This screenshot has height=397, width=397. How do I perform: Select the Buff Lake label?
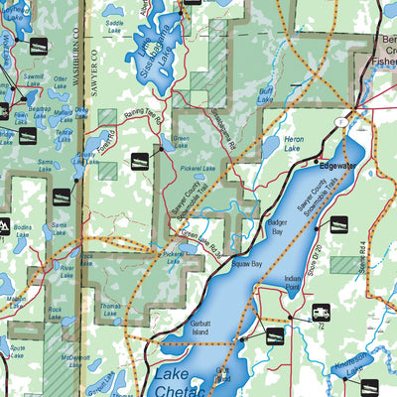pyautogui.click(x=265, y=94)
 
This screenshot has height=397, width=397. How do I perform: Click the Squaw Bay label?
pyautogui.click(x=247, y=265)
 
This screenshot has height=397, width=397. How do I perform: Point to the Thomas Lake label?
pyautogui.click(x=110, y=311)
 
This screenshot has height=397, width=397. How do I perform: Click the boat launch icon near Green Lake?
pyautogui.click(x=141, y=160)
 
